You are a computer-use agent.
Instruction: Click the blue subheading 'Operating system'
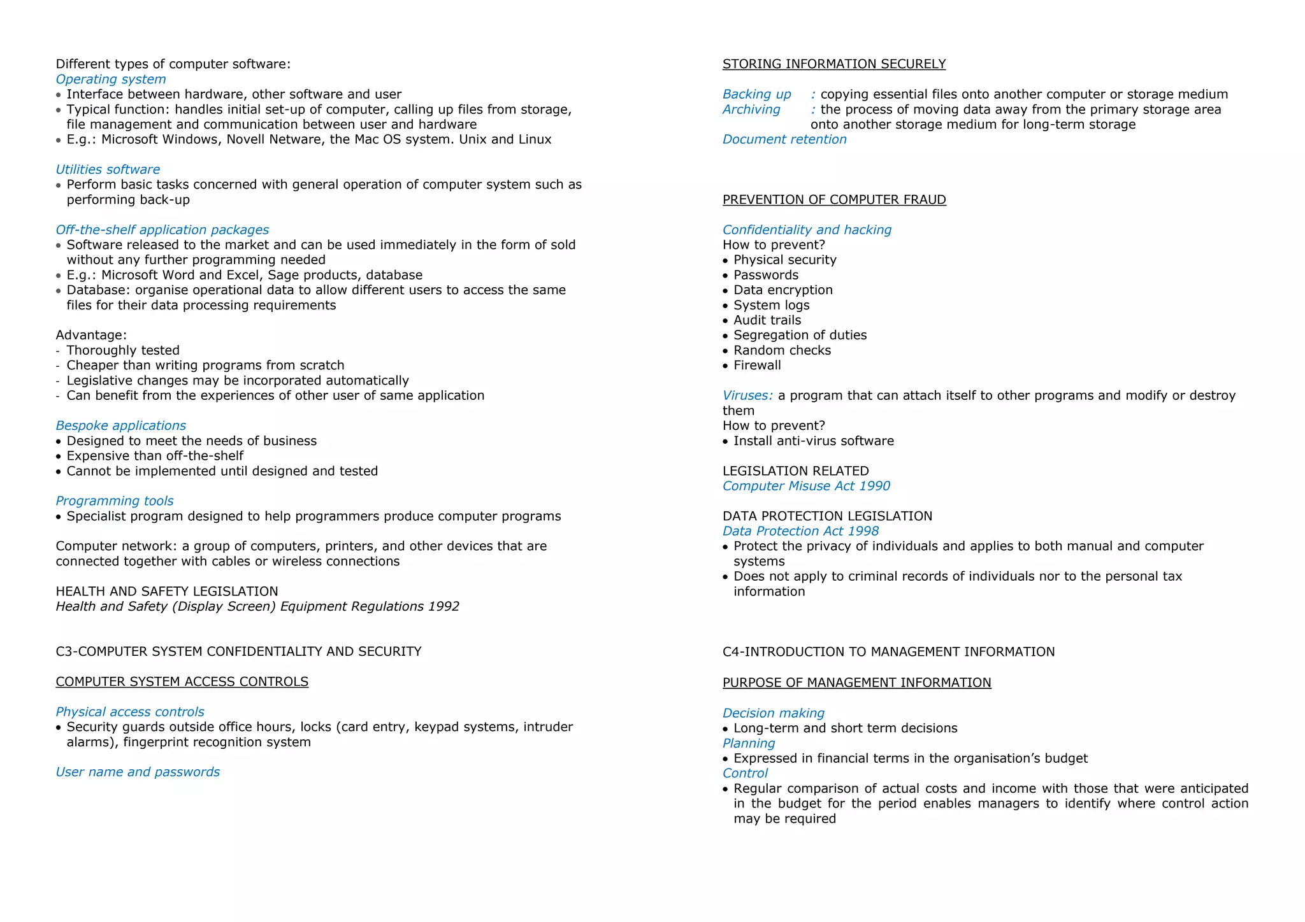(x=110, y=79)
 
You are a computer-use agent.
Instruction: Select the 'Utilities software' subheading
(x=108, y=169)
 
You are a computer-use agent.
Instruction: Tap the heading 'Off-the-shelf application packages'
(x=162, y=230)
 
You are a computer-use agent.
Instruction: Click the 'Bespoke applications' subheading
(x=120, y=425)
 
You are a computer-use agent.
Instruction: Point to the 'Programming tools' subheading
(x=114, y=501)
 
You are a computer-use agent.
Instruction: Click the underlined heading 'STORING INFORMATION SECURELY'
(x=833, y=64)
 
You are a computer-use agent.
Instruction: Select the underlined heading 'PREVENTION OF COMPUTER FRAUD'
(x=833, y=200)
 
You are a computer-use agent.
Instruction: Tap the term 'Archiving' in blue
(x=751, y=110)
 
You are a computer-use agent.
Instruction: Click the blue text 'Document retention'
(x=784, y=139)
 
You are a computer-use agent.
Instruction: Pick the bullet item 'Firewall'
(x=756, y=365)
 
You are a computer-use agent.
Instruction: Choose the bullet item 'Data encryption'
(x=782, y=290)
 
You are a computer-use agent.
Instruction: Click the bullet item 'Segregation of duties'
(x=800, y=336)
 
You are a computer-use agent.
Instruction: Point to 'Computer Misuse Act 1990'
(x=805, y=486)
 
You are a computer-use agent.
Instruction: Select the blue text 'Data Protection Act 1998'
(x=800, y=532)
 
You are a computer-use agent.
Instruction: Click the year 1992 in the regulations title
(x=443, y=607)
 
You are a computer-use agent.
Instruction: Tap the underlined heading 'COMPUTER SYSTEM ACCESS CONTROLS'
(x=182, y=682)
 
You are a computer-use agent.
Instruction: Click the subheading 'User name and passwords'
(x=137, y=772)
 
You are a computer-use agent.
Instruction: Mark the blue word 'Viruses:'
(x=747, y=396)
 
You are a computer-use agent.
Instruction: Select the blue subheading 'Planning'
(x=748, y=744)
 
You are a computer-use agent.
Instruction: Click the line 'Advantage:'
(x=90, y=336)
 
